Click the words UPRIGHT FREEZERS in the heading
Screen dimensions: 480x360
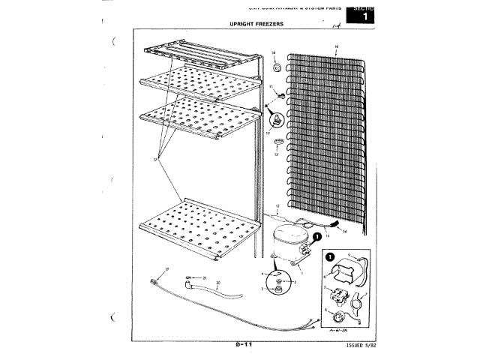tap(257, 23)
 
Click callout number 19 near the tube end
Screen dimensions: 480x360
tap(167, 269)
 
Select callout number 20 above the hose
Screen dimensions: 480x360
tap(217, 283)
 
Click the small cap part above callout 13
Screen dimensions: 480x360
tap(277, 142)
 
